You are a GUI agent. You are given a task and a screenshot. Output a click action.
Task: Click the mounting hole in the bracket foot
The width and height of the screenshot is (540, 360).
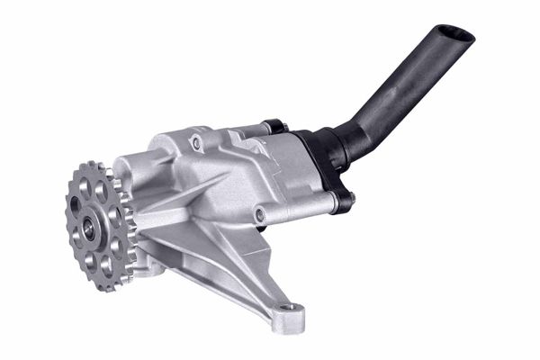coord(287,311)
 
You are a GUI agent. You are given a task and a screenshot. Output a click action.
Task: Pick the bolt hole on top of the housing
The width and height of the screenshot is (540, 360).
coord(196,141)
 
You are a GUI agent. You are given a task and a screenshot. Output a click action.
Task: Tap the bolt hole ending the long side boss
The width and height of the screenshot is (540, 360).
coord(259,215)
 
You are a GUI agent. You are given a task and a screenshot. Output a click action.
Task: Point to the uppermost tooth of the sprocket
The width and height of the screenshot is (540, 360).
coord(94,166)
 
